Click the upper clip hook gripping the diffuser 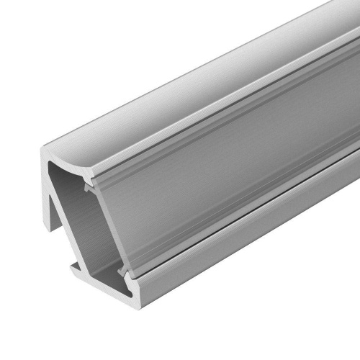click(x=88, y=186)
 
